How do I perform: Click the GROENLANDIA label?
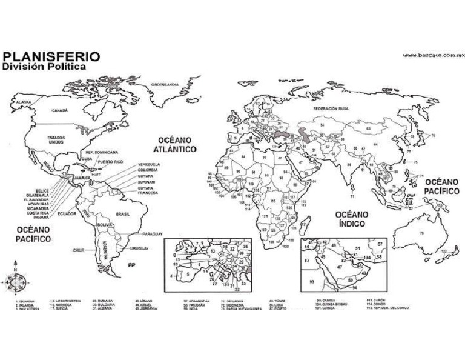pos(165,84)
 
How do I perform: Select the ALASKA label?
pos(24,102)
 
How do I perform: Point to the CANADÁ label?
pos(59,111)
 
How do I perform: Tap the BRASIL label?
pos(124,213)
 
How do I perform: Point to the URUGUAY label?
pos(140,249)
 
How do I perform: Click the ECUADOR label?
pos(67,213)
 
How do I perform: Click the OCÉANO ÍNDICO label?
pos(352,219)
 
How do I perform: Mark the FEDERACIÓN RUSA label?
pos(331,108)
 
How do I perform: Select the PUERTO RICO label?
pos(110,162)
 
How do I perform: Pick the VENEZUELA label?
pos(148,165)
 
